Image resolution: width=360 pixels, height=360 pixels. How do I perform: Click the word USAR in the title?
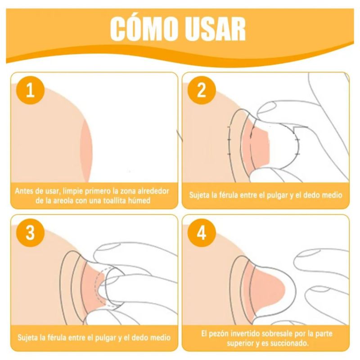(216, 29)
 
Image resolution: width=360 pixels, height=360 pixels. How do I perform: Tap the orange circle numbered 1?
(30, 90)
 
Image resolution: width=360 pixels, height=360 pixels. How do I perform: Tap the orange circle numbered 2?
(202, 90)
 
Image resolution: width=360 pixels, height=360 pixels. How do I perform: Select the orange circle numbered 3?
(30, 233)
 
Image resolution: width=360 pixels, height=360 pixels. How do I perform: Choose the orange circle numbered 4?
(202, 233)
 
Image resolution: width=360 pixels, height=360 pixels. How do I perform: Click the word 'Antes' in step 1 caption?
(24, 191)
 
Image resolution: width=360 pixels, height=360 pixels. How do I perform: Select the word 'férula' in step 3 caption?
(56, 337)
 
